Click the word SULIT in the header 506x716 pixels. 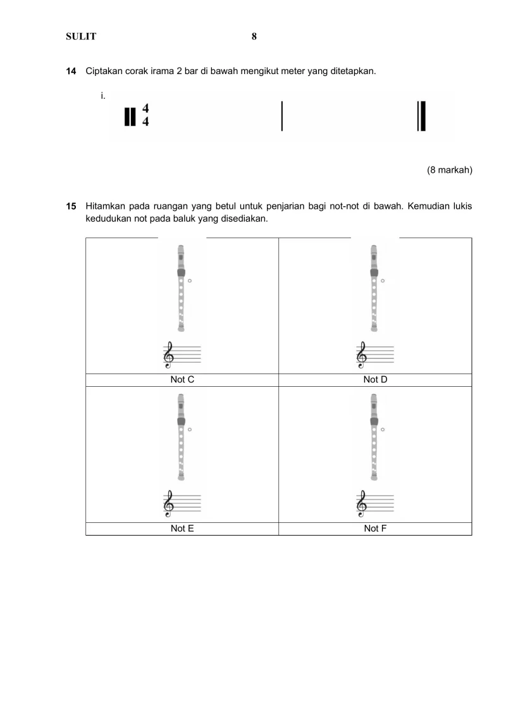pos(81,37)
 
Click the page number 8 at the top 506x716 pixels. pos(254,37)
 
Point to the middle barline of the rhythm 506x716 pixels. pos(281,115)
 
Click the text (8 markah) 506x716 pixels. pos(450,170)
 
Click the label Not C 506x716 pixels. pos(182,380)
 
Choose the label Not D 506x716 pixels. pos(375,380)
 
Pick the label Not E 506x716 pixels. pos(182,529)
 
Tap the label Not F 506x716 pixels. pos(375,529)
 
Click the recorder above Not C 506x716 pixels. pos(182,288)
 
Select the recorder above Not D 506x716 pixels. pos(374,288)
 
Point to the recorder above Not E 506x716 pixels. pos(182,437)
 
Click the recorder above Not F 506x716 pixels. pos(374,437)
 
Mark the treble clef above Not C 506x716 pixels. pos(169,355)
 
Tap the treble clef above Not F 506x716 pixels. pos(362,504)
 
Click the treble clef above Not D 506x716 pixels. pos(362,355)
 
